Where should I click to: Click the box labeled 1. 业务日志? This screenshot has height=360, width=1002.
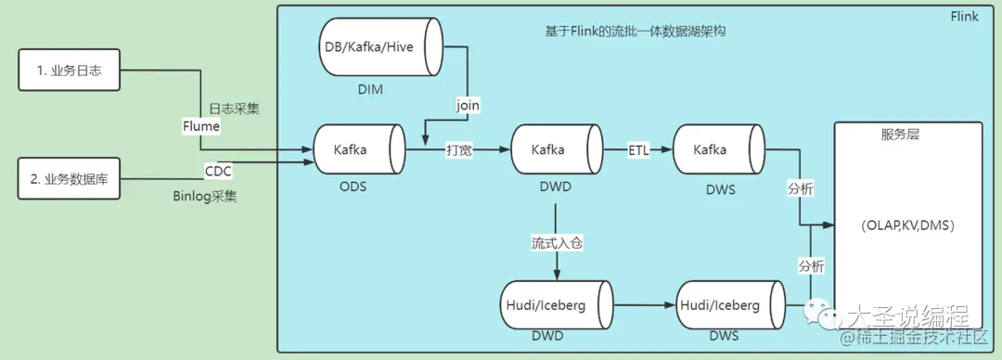click(71, 71)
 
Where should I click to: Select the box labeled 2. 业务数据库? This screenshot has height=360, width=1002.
click(71, 178)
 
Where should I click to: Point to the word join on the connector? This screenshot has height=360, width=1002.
click(469, 105)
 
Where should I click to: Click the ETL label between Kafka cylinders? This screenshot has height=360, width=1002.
click(638, 149)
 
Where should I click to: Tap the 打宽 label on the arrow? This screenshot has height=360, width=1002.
click(459, 149)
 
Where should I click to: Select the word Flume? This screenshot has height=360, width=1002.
click(201, 126)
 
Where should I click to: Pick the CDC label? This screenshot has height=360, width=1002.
click(218, 170)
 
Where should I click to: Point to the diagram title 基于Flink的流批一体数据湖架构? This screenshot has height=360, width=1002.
click(635, 31)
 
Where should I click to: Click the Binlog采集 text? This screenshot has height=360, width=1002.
click(204, 197)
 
